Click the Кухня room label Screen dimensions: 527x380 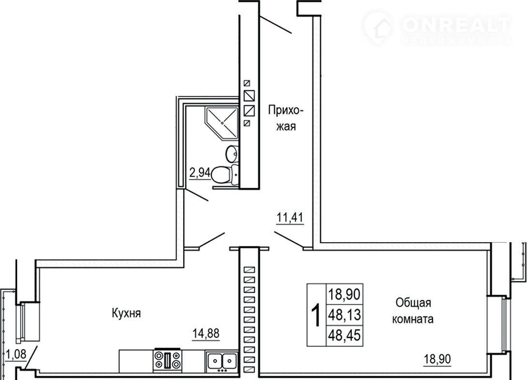coord(126,313)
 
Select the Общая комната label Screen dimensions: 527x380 coord(413,310)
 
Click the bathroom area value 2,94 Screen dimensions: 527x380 coord(200,174)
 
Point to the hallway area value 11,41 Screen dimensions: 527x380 coord(290,218)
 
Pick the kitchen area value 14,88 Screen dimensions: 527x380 coord(205,334)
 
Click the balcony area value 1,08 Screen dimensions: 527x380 coord(16,354)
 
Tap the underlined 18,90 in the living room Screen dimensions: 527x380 coord(437,359)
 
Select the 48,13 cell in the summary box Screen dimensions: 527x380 coord(345,315)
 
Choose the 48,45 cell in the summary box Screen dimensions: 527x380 coord(345,335)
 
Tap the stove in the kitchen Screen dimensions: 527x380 coord(167,360)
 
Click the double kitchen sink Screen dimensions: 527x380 coord(222,361)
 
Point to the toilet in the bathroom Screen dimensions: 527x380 coord(225,175)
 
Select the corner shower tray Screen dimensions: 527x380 coord(221,123)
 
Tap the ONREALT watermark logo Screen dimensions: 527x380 coord(437,28)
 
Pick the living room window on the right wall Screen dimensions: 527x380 coord(500,324)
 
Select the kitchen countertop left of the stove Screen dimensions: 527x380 coord(136,361)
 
